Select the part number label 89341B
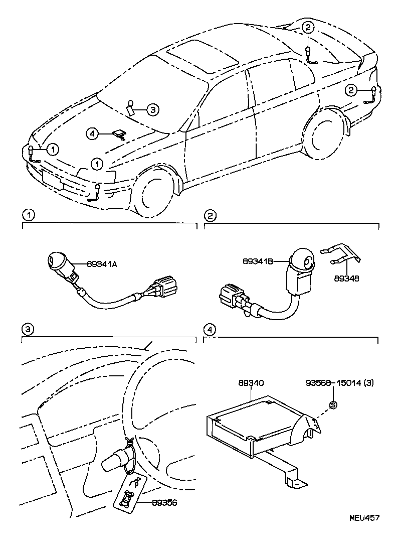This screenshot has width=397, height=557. pyautogui.click(x=258, y=261)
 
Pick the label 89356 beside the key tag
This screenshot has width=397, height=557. pyautogui.click(x=164, y=502)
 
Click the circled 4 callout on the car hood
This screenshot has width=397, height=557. pyautogui.click(x=91, y=133)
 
